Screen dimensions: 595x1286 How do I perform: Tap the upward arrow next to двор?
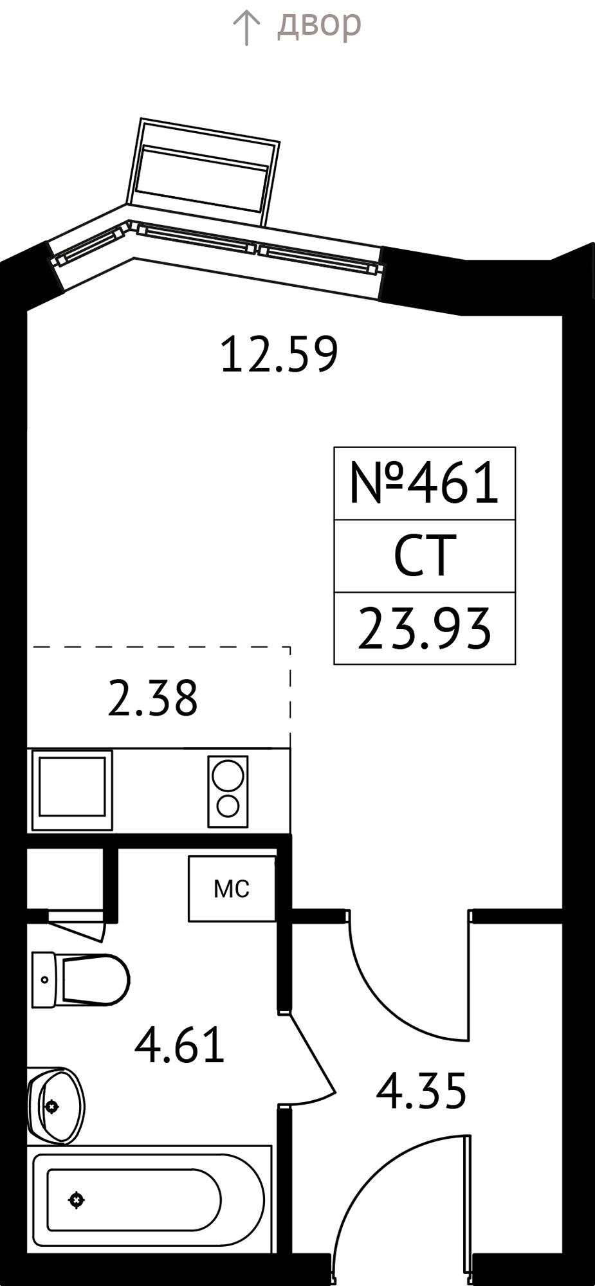click(246, 28)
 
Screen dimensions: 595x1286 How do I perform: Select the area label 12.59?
click(279, 355)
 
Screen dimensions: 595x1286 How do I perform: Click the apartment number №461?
click(424, 483)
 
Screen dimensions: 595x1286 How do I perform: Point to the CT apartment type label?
click(425, 556)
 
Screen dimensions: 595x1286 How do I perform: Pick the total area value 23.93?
click(425, 628)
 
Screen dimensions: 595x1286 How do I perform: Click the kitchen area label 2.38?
click(153, 699)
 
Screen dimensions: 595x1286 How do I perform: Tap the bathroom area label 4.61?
click(179, 1046)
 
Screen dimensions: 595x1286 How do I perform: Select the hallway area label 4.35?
click(421, 1091)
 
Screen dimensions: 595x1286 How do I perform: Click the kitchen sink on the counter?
click(72, 790)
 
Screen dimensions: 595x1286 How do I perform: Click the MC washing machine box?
click(232, 889)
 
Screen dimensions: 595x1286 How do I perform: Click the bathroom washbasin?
click(56, 1106)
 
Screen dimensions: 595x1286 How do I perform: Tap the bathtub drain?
click(77, 1199)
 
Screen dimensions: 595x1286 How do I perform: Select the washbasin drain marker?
click(51, 1107)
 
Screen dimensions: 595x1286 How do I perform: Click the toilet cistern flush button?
click(44, 980)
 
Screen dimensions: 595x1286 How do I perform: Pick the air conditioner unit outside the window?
click(203, 172)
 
